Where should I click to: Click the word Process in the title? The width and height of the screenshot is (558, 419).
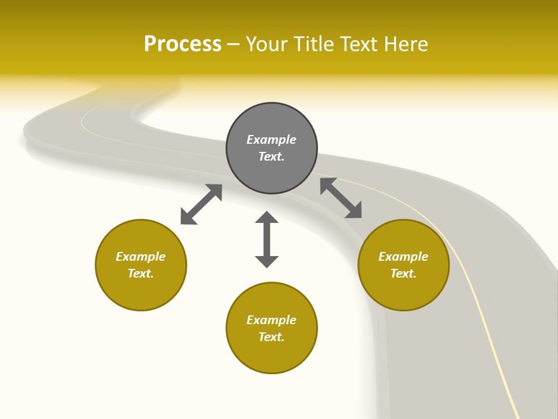(x=183, y=44)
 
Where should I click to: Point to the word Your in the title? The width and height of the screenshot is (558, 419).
(x=268, y=44)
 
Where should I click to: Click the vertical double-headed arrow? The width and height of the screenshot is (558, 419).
(x=267, y=239)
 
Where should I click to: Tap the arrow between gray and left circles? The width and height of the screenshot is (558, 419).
(x=201, y=204)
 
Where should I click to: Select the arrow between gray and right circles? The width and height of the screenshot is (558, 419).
(x=341, y=198)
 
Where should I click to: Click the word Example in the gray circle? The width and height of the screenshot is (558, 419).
(x=271, y=140)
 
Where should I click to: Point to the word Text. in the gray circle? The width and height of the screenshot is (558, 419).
(x=271, y=157)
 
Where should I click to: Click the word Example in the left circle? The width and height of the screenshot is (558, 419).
(x=141, y=257)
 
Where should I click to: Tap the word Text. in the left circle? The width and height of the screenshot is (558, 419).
(x=141, y=274)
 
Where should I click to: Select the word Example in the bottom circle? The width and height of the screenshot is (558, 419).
(x=271, y=320)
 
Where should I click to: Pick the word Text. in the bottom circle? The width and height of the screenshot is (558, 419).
(x=271, y=337)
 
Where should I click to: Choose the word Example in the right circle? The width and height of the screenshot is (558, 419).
(x=403, y=257)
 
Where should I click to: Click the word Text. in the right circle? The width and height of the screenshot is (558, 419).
(x=403, y=274)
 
